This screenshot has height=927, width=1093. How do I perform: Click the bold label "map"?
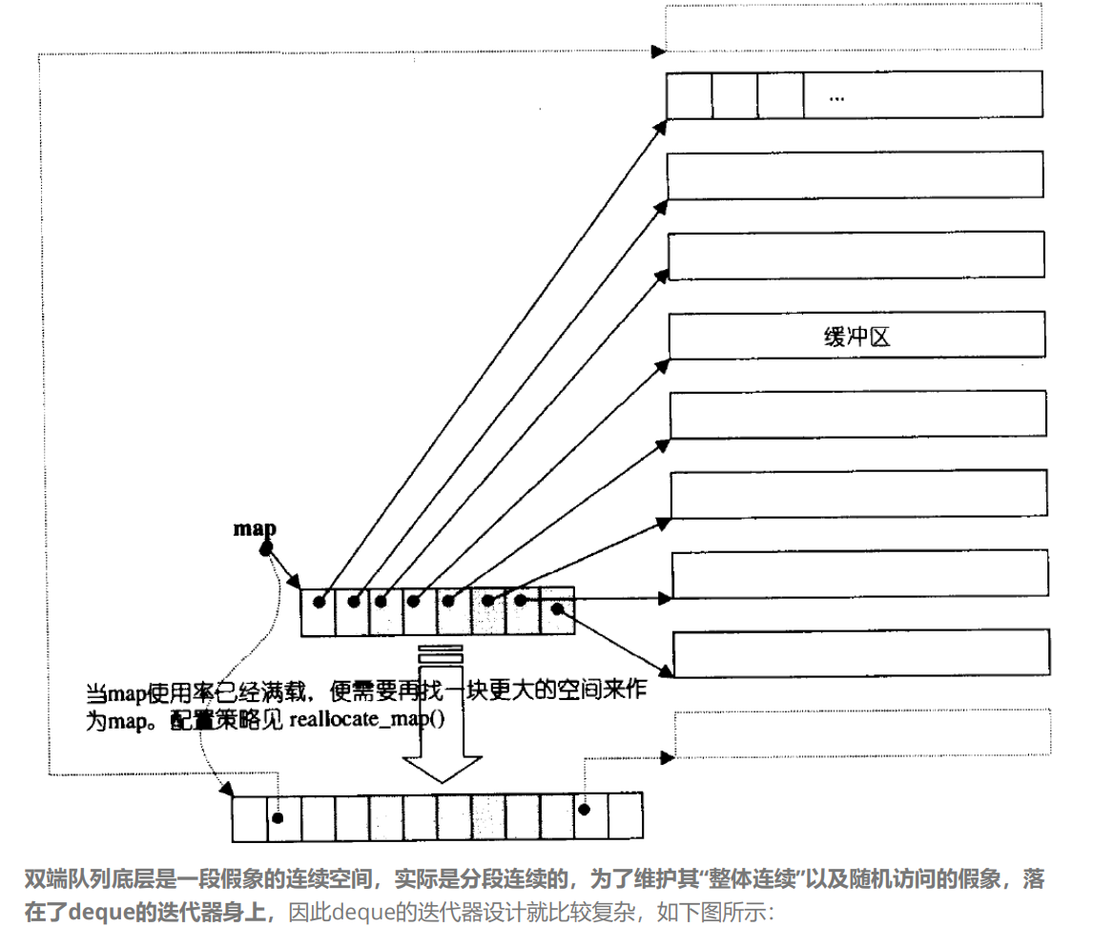point(255,528)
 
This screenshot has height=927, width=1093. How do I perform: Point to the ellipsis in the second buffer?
point(837,97)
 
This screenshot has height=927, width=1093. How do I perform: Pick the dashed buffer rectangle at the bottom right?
point(859,733)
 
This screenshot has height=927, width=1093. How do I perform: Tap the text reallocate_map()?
point(366,721)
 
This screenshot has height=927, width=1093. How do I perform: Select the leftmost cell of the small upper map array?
point(317,611)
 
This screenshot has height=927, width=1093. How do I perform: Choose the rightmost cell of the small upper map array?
point(559,611)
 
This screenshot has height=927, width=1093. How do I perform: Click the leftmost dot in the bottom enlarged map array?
point(278,818)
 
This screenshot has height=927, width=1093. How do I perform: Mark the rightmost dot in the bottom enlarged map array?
point(584,810)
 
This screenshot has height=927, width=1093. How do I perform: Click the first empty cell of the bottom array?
point(250,818)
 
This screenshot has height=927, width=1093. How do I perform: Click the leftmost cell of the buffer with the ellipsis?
point(690,96)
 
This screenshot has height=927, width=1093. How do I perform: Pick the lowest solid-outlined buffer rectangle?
point(859,654)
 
